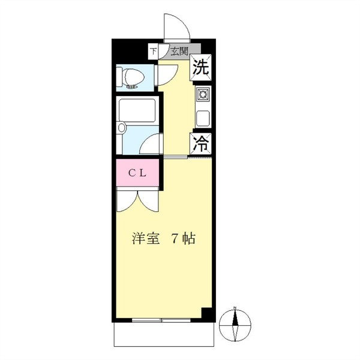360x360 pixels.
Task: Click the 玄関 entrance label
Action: click(179, 52)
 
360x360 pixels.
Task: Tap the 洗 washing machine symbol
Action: click(200, 67)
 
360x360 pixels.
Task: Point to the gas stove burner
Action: click(203, 94)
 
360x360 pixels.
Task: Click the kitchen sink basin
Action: click(203, 118)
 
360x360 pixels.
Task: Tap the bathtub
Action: click(137, 110)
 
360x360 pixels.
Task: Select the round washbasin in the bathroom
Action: click(121, 127)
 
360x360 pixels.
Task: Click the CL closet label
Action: click(137, 173)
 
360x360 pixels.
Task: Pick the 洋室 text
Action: click(146, 239)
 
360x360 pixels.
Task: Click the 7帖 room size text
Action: click(183, 239)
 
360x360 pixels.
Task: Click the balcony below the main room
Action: click(164, 334)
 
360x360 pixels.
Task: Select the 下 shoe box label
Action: click(154, 51)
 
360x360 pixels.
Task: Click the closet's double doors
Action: click(137, 200)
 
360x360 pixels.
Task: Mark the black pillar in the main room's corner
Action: click(206, 312)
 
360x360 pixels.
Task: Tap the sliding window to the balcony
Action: click(161, 320)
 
